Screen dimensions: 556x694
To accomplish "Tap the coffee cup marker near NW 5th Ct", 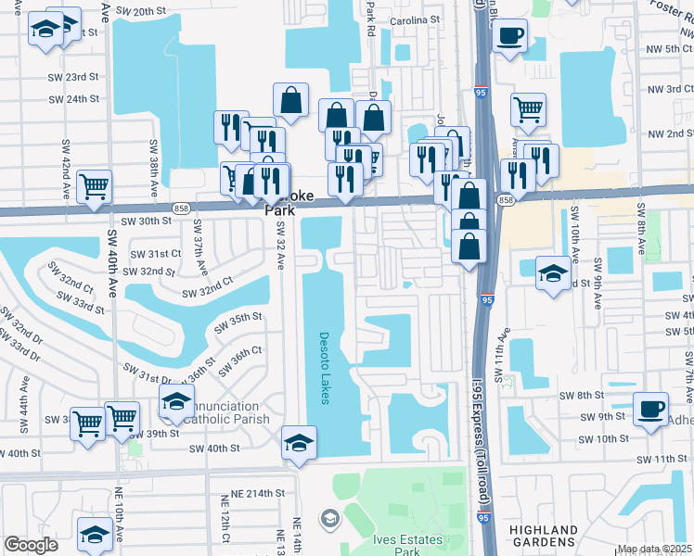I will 509,37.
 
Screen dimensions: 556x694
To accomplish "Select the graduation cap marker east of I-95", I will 553,273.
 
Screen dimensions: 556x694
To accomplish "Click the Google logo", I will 31,545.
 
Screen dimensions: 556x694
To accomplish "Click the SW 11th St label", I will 662,460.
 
